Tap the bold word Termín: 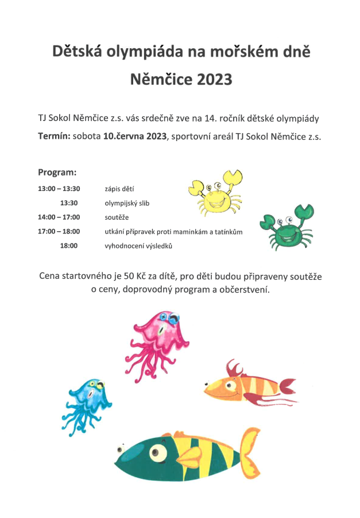coord(54,137)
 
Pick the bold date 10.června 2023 coord(135,137)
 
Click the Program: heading coord(57,172)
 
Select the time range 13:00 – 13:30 coord(59,188)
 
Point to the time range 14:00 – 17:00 coord(59,217)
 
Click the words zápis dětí coord(119,188)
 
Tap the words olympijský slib coord(127,203)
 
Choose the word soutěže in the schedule coord(117,217)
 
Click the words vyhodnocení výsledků coord(138,246)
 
